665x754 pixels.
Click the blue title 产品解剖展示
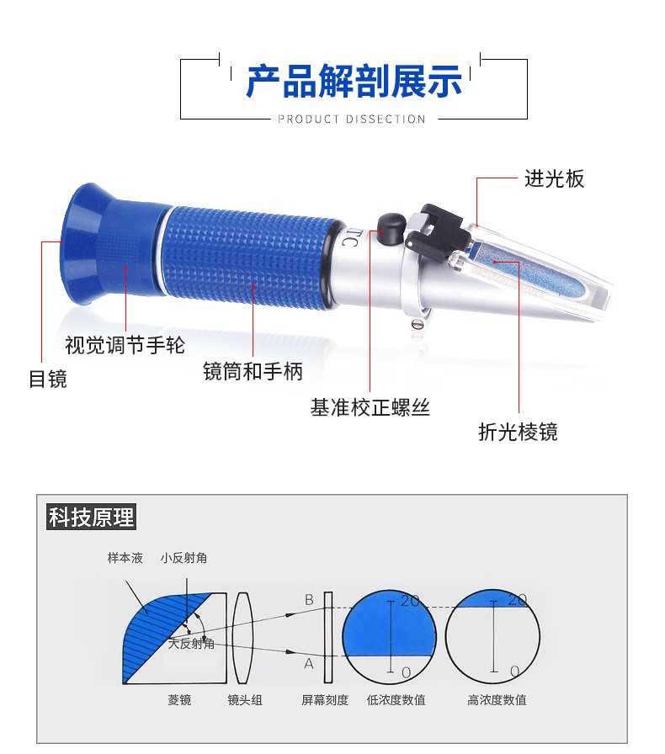[354, 82]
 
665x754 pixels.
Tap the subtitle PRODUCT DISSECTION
[352, 119]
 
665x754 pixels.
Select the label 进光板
[555, 179]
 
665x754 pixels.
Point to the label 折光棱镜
[519, 432]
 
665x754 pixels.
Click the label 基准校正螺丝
[370, 407]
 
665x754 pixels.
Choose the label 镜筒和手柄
[253, 371]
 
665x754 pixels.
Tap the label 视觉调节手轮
[125, 345]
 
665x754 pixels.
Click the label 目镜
[48, 379]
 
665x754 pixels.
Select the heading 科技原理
[92, 517]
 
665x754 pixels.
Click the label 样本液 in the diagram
[125, 558]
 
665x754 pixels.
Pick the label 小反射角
[184, 558]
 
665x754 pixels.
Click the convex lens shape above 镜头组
[243, 638]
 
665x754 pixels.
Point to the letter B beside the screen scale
[309, 600]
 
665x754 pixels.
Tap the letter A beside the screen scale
[309, 664]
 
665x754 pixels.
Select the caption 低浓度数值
[396, 699]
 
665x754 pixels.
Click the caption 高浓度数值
[497, 699]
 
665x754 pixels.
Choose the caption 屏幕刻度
[325, 699]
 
